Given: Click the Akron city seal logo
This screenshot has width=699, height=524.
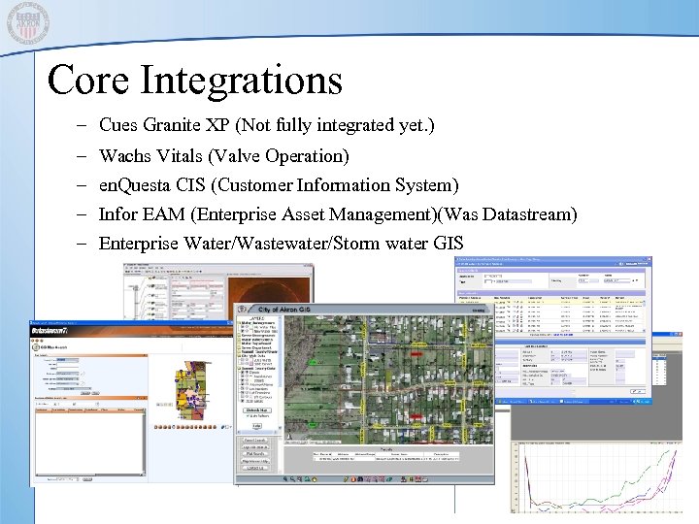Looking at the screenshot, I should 28,23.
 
